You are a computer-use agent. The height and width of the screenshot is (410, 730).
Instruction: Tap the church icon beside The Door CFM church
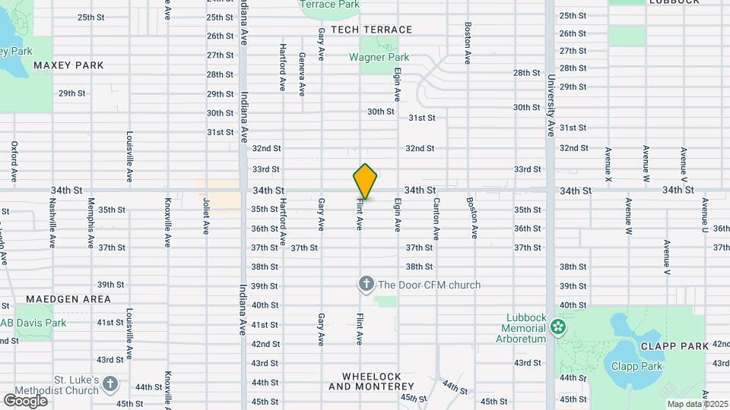(x=366, y=285)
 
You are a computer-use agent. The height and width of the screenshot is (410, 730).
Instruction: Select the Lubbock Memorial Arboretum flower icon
(x=559, y=327)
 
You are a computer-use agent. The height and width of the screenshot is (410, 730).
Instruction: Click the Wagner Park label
(x=379, y=57)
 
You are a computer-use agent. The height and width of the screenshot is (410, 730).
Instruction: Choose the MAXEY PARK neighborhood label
(x=68, y=65)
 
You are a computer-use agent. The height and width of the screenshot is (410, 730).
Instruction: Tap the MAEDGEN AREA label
(x=68, y=299)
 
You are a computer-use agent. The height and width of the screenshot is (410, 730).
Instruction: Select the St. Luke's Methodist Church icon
(x=110, y=384)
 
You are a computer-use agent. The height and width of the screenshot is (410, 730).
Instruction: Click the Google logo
(x=25, y=400)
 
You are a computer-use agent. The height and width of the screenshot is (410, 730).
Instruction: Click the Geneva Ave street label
(x=302, y=74)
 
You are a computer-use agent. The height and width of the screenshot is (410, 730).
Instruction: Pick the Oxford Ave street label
(x=14, y=161)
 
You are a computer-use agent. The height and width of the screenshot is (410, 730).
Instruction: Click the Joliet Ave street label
(x=206, y=216)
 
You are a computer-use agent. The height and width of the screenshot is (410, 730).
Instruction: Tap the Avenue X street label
(x=608, y=164)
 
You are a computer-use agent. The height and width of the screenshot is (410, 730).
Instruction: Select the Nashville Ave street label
(x=52, y=223)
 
